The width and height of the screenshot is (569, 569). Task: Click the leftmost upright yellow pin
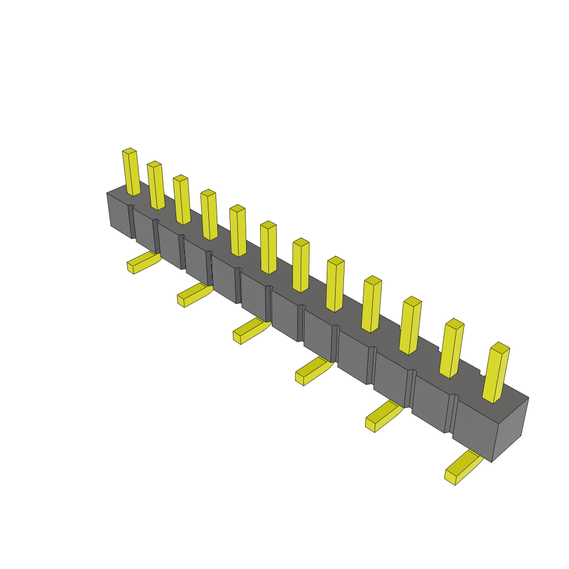131,172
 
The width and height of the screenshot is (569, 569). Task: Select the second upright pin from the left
156,186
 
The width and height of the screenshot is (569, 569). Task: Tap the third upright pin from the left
182,200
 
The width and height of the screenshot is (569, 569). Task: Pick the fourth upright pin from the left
209,215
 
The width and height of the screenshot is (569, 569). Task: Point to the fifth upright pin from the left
238,231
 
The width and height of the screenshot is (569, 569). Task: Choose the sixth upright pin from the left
268,248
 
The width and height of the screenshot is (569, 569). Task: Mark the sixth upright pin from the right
301,266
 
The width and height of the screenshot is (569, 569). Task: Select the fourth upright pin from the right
371,305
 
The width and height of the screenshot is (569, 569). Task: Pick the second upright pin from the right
451,348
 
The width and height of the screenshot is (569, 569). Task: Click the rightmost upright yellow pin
495,373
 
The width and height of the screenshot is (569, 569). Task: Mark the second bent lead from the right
383,416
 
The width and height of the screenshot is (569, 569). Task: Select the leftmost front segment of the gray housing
119,216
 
